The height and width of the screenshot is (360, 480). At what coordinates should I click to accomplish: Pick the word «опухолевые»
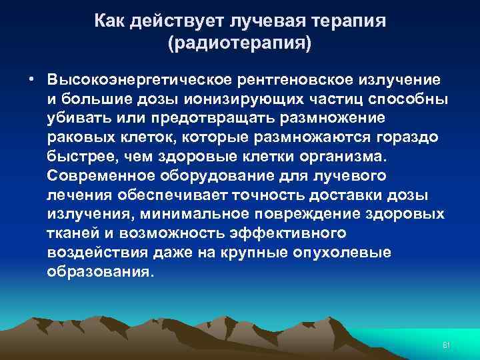(x=350, y=254)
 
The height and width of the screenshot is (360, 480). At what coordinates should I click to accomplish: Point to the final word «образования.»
(x=100, y=273)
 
